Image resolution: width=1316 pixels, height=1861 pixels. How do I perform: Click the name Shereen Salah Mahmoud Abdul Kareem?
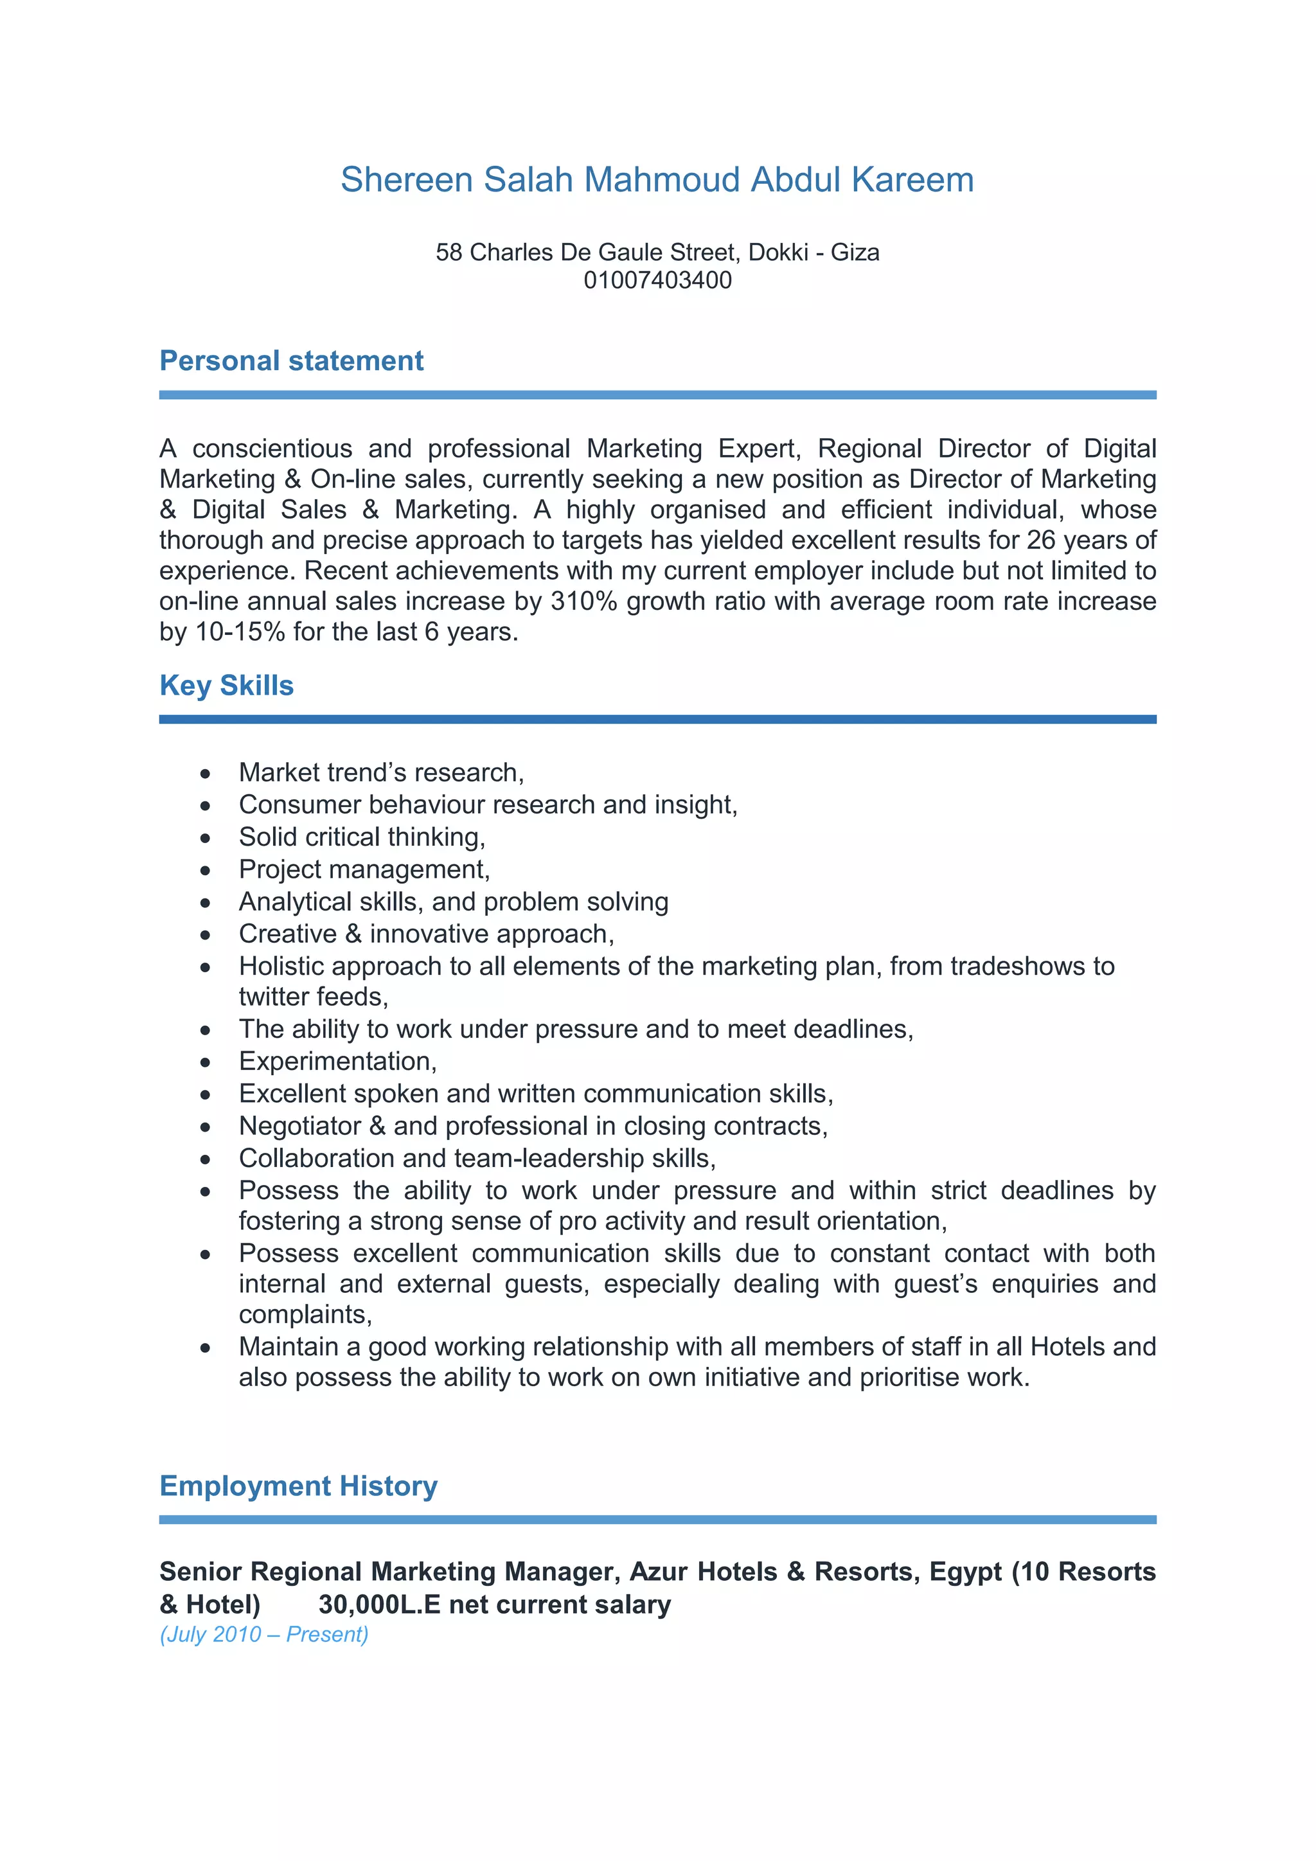point(656,180)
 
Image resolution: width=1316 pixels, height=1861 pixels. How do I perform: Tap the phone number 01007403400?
point(657,280)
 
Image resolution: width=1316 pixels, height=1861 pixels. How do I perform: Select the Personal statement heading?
point(291,361)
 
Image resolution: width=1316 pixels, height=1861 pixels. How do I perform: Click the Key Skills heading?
point(226,686)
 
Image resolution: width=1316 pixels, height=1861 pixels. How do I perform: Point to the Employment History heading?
point(298,1486)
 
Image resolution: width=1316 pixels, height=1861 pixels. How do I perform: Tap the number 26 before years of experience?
point(1041,540)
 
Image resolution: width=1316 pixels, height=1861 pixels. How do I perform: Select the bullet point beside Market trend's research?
point(206,774)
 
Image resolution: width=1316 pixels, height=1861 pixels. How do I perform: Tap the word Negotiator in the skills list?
point(300,1126)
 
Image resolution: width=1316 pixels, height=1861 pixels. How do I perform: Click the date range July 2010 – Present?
point(264,1635)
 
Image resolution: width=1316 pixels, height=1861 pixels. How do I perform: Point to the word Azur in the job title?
point(658,1572)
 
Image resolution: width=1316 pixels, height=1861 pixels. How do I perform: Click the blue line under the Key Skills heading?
point(657,719)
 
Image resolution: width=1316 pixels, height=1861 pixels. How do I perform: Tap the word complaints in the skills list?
point(305,1315)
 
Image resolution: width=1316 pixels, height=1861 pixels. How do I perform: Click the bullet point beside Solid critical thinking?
point(206,839)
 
